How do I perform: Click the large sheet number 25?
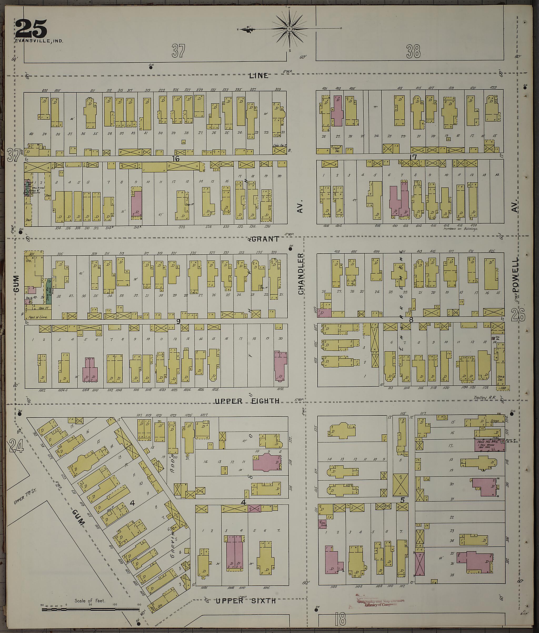pyautogui.click(x=31, y=28)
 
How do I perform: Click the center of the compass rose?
pyautogui.click(x=289, y=29)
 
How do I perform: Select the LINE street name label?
pyautogui.click(x=258, y=76)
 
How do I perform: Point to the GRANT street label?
pyautogui.click(x=266, y=239)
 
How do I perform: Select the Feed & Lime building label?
pyautogui.click(x=38, y=317)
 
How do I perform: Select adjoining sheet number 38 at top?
pyautogui.click(x=413, y=51)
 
